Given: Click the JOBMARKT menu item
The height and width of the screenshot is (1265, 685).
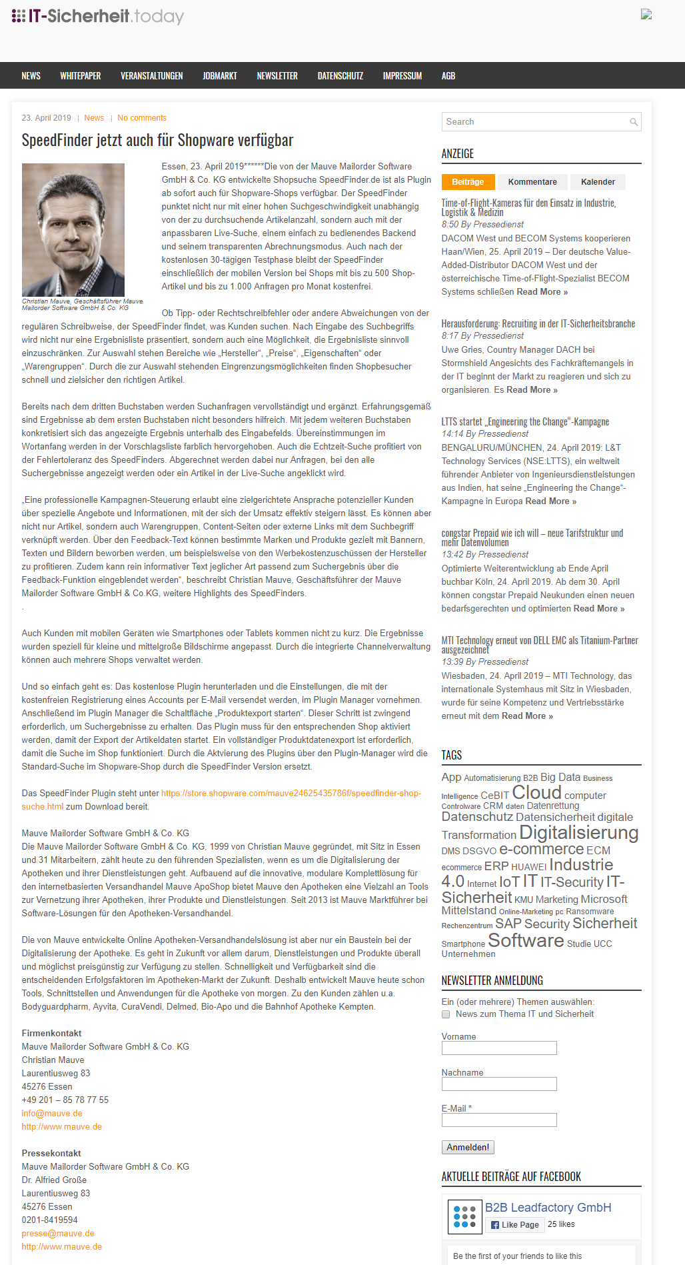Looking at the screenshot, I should click(x=220, y=76).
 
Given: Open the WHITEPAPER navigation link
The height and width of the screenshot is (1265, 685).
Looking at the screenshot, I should click(x=81, y=76).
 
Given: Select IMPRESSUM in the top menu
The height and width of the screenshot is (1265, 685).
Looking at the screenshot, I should click(x=402, y=76).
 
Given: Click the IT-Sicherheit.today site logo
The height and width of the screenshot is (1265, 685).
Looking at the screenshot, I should click(x=98, y=16).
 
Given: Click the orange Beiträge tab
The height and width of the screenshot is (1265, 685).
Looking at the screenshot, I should click(x=468, y=182).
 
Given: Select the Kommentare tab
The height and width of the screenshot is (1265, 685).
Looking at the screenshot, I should click(x=532, y=182).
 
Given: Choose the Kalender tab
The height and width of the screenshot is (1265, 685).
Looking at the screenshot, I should click(x=598, y=182).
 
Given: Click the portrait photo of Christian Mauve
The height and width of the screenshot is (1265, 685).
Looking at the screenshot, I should click(x=73, y=230).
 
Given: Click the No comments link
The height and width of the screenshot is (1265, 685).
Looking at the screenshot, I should click(x=142, y=118).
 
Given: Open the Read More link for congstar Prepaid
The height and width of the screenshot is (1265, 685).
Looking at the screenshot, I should click(x=598, y=609).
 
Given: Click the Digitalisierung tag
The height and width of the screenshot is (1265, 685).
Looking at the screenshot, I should click(x=578, y=833).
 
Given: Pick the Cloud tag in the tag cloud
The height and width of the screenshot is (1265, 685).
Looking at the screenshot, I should click(x=536, y=793).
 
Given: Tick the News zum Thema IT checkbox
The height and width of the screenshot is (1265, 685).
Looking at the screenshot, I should click(x=446, y=1014).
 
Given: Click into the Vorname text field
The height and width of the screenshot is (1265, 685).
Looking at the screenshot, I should click(x=499, y=1048).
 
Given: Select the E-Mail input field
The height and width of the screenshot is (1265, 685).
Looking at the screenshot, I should click(x=499, y=1120).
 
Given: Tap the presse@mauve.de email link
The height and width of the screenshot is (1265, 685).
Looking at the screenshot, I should click(x=58, y=1234).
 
